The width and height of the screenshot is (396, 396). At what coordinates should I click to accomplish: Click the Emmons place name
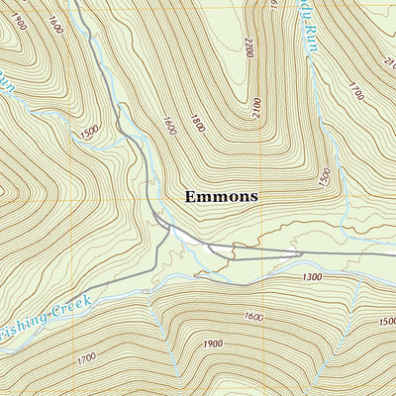click(x=221, y=196)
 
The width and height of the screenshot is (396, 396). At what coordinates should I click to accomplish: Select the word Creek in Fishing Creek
click(x=71, y=302)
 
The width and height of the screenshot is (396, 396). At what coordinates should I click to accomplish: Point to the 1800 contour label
click(x=198, y=123)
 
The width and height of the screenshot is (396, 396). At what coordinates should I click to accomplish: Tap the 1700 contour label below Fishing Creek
click(x=86, y=354)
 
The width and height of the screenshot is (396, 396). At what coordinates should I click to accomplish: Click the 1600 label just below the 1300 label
click(x=252, y=317)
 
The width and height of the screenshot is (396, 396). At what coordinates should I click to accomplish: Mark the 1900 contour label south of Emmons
click(x=211, y=344)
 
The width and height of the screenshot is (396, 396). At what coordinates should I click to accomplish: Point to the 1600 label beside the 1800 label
click(x=168, y=126)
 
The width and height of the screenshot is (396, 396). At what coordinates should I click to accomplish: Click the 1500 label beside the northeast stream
click(x=324, y=176)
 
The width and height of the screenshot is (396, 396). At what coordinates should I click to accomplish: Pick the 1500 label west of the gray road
click(x=91, y=133)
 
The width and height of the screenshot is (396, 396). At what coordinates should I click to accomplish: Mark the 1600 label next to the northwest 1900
click(x=54, y=25)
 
